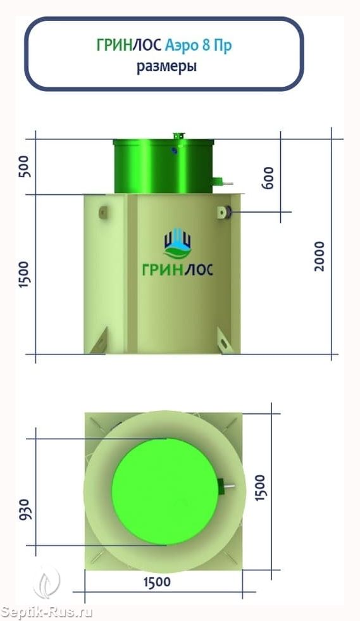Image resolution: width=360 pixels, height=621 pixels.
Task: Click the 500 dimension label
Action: coord(24,166)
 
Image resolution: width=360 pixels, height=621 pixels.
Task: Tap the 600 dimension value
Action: coord(268,178)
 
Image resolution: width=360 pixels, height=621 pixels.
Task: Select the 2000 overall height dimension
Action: coord(319,256)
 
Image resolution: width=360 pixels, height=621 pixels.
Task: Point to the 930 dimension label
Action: coord(24,510)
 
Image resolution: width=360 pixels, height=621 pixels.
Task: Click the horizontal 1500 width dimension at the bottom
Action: coord(157,582)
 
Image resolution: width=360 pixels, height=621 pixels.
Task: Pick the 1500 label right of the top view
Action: coord(260,488)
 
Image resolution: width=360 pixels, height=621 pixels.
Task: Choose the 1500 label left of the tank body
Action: coord(24,275)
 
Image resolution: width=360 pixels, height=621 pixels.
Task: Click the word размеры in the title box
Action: coord(167,66)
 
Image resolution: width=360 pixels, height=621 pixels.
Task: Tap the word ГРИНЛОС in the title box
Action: coord(129,46)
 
